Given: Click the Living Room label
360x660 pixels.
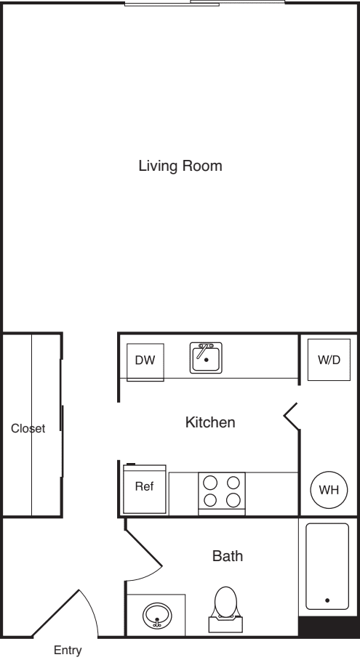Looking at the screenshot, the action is tap(180, 166).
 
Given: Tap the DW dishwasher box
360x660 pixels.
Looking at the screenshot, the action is tap(145, 362).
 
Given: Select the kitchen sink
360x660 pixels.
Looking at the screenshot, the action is tap(206, 358).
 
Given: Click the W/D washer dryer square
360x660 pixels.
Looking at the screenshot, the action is tap(329, 360).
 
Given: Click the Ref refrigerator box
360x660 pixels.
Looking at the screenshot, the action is tap(145, 488).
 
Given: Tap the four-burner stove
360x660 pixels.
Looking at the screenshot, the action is tap(222, 494).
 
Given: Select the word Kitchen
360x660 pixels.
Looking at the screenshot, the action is tap(210, 422).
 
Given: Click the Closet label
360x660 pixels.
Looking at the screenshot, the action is tap(28, 429).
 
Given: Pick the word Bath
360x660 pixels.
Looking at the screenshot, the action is tap(228, 556).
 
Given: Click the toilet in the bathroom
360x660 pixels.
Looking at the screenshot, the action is tap(225, 610).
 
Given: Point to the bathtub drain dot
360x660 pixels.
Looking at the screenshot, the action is tap(327, 600).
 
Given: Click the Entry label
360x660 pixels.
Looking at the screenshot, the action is tap(68, 651).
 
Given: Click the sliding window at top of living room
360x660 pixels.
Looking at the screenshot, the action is tap(205, 4).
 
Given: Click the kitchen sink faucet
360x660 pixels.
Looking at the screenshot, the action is tap(204, 350).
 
